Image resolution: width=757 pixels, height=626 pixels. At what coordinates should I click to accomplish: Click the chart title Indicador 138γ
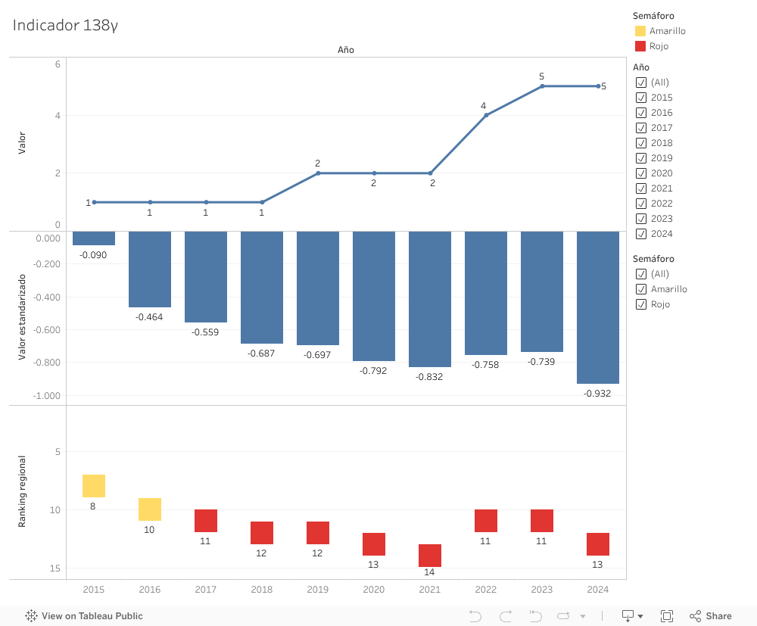pos(65,25)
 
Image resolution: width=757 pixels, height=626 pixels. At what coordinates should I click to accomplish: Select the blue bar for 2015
pos(94,238)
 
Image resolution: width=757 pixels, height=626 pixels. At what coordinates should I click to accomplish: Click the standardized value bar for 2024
pos(598,307)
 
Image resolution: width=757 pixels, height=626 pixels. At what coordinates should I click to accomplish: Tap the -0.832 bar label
pos(429,376)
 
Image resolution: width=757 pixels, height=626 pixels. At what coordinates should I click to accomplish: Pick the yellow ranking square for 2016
pos(150,509)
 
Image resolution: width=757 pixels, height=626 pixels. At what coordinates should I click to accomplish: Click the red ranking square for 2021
pos(430,556)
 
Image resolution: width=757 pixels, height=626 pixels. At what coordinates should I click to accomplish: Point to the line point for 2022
pos(486,115)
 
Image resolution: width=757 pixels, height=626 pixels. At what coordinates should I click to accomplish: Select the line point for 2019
pos(318,173)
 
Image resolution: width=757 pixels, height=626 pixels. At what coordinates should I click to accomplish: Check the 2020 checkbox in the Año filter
pos(641,173)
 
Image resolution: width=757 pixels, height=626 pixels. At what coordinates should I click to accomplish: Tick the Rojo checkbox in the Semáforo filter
pos(641,304)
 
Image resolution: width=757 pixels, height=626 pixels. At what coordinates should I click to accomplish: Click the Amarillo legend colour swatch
pos(640,31)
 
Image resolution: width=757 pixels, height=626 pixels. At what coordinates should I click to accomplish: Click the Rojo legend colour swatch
pos(640,46)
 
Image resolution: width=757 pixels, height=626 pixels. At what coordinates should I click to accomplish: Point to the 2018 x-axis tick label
pos(262,590)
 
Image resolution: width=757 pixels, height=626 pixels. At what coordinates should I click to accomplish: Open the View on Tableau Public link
pos(84,616)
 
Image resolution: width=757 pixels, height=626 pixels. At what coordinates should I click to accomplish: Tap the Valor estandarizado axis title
pos(22,317)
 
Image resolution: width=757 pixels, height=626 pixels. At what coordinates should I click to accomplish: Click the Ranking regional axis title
pos(22,491)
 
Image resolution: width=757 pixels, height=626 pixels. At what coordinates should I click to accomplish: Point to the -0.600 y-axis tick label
pos(47,330)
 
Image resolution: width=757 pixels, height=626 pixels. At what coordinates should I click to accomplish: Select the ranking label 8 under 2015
pos(93,506)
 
